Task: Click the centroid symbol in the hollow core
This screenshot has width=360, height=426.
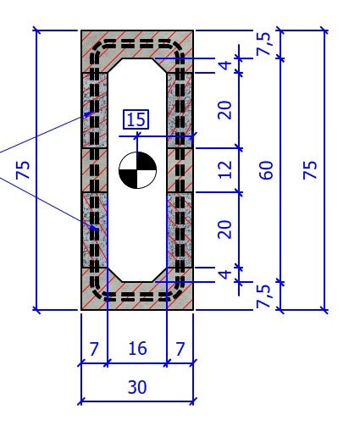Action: pyautogui.click(x=137, y=170)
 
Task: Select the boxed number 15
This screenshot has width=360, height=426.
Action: pyautogui.click(x=136, y=119)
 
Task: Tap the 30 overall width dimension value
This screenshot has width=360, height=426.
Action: pyautogui.click(x=136, y=388)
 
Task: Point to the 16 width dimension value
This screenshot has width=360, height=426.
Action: pyautogui.click(x=136, y=349)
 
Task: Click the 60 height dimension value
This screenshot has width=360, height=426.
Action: pyautogui.click(x=268, y=169)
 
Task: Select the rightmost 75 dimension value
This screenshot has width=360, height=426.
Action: pyautogui.click(x=310, y=169)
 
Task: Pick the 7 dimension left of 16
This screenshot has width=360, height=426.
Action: pyautogui.click(x=93, y=349)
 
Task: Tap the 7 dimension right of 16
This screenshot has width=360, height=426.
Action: pyautogui.click(x=180, y=349)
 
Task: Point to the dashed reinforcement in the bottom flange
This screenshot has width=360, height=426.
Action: pyautogui.click(x=137, y=298)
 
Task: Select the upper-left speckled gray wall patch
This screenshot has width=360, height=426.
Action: pyautogui.click(x=93, y=110)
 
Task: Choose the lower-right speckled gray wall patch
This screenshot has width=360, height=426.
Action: pyautogui.click(x=180, y=229)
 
